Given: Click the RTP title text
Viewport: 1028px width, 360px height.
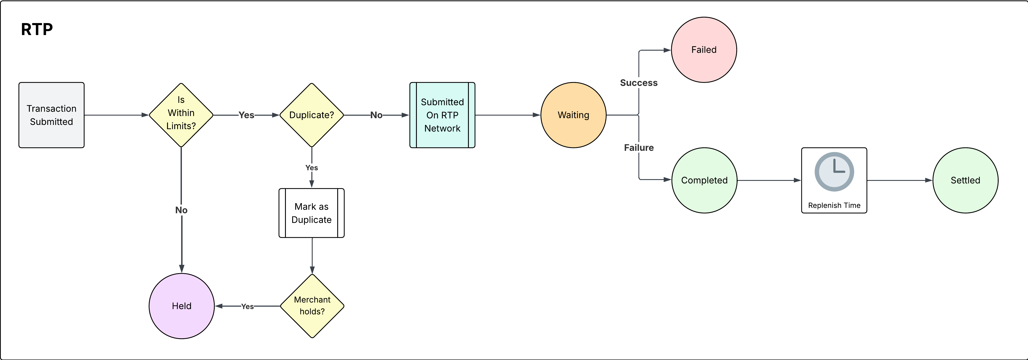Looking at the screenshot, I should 37,29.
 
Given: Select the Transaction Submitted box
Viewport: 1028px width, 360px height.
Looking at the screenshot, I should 52,115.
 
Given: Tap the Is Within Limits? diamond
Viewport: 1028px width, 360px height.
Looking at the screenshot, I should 181,115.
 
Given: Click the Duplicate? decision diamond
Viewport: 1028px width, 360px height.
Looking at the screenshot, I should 312,115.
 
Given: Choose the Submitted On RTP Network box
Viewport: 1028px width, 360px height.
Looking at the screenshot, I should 442,115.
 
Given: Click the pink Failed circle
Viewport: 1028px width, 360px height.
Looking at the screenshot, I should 704,50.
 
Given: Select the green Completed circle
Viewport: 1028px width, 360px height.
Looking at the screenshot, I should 704,180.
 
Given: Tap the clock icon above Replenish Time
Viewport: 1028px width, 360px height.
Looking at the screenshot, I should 834,172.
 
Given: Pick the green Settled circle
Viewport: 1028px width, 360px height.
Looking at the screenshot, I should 965,180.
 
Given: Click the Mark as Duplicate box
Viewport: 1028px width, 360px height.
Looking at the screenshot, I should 312,213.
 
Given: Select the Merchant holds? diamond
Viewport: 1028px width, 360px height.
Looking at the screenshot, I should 312,306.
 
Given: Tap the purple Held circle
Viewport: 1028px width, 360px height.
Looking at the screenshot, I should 182,306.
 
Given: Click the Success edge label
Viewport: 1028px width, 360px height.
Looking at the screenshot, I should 639,83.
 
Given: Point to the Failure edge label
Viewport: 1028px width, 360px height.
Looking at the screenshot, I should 639,148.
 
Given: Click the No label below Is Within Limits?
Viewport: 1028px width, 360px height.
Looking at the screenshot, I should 181,210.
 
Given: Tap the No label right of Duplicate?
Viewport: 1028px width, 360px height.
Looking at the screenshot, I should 376,115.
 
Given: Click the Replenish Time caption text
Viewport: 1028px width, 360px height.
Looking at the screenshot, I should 834,205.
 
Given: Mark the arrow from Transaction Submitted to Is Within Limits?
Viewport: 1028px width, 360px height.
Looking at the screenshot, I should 116,115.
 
